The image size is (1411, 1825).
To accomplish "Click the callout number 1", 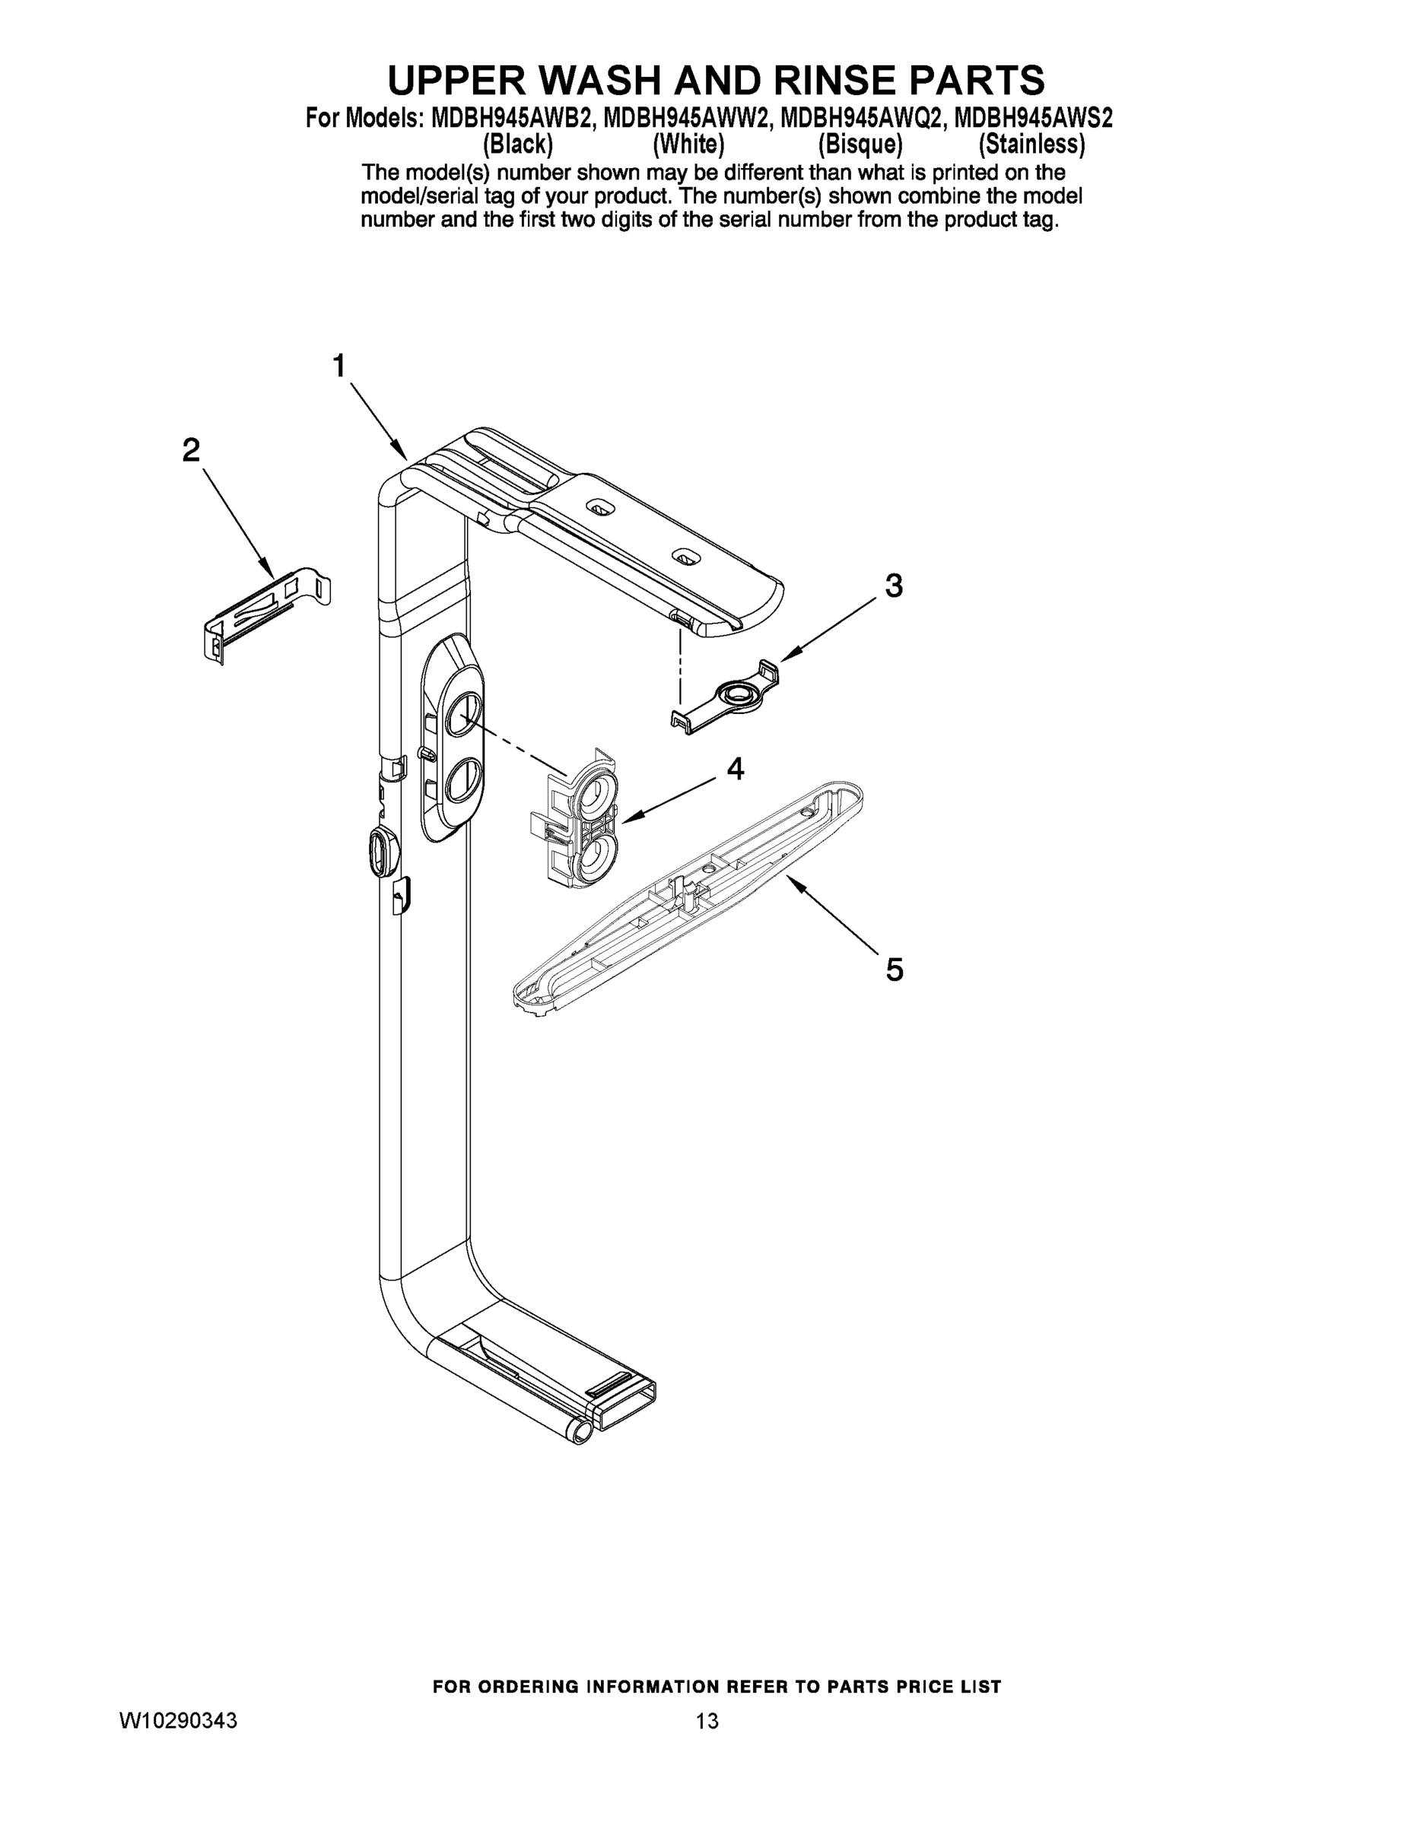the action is pos(338,366).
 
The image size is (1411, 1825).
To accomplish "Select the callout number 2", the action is pos(192,451).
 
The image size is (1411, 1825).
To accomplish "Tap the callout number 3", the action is pos(894,586).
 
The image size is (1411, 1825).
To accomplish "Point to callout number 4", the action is pos(735,768).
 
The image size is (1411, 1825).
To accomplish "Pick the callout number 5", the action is pos(895,970).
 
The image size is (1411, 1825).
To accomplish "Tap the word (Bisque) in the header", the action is pos(860,144).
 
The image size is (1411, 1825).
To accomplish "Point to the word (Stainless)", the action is pos(1031,144).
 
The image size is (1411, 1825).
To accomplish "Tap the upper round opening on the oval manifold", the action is pos(462,716).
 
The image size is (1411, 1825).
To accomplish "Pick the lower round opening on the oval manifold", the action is pos(462,782).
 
